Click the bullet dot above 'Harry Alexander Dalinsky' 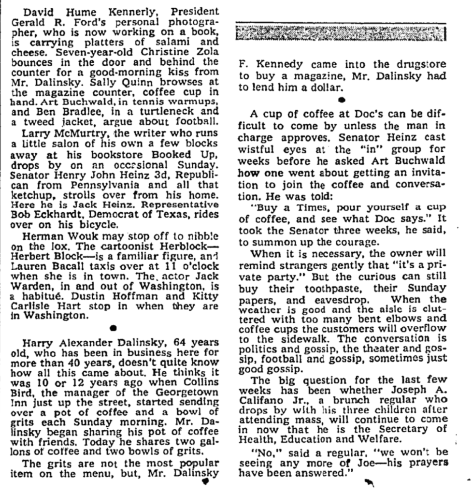[113, 327]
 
